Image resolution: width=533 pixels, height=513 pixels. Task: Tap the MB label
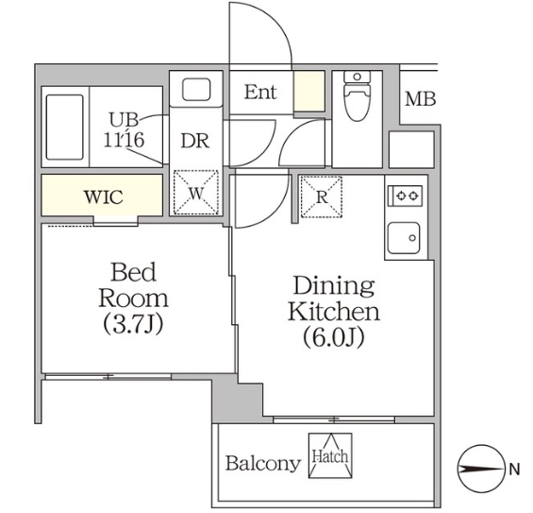point(420,99)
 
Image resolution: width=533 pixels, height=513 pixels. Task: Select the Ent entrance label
point(260,93)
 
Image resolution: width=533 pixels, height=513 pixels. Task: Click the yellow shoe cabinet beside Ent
point(308,93)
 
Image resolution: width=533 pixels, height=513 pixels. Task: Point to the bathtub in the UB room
point(65,126)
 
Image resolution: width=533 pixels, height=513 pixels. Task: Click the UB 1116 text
point(125,128)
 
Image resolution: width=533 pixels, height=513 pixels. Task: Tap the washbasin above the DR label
point(196,92)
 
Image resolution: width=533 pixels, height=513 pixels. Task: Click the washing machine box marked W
point(196,193)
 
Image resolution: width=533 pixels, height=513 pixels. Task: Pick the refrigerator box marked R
point(321,196)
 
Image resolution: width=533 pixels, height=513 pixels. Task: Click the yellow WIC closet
point(102,197)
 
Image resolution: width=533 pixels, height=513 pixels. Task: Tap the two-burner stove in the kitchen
point(407,196)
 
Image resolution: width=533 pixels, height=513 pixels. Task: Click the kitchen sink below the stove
point(407,236)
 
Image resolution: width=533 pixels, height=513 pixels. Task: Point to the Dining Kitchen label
point(333,298)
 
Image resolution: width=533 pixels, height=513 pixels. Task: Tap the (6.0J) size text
point(333,336)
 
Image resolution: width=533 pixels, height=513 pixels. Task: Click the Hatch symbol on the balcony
point(329,455)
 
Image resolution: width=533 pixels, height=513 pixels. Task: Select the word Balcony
point(262,464)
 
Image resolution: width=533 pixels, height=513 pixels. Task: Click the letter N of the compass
point(514,469)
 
